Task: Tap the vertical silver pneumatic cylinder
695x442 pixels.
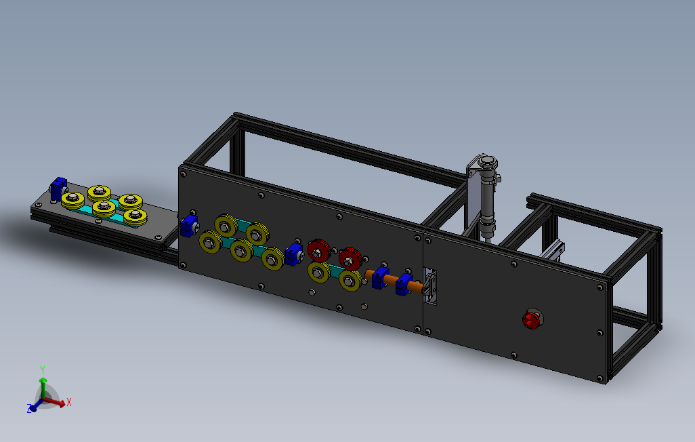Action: pyautogui.click(x=488, y=197)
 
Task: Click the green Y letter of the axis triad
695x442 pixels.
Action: pyautogui.click(x=43, y=369)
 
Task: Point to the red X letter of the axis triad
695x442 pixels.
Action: pyautogui.click(x=68, y=403)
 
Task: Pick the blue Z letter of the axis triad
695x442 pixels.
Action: pyautogui.click(x=30, y=409)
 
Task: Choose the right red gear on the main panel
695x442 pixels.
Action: pyautogui.click(x=351, y=259)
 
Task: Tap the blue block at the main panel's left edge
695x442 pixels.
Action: pyautogui.click(x=189, y=226)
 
